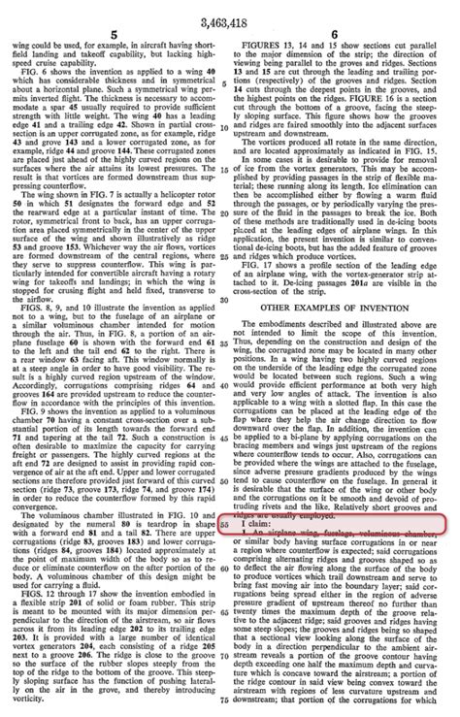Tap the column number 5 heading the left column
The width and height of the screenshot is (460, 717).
[x=115, y=33]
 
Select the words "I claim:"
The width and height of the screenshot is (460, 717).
[x=255, y=550]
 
